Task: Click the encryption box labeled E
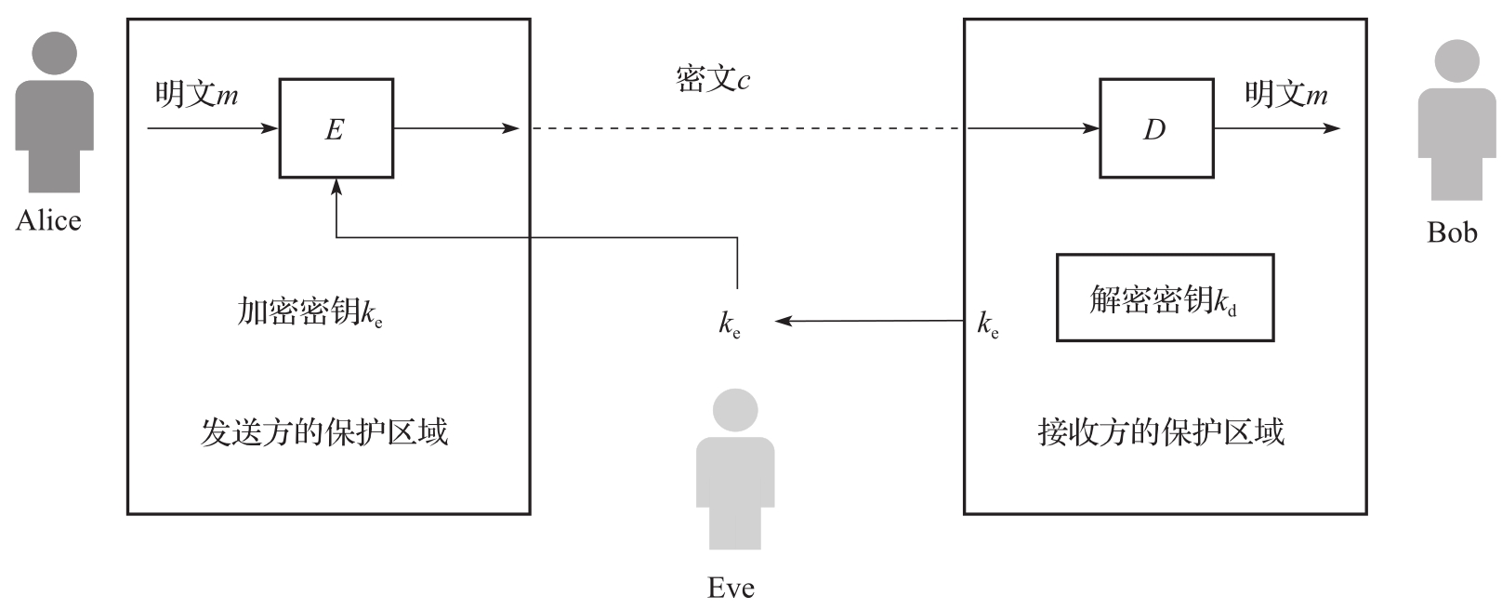click(x=336, y=128)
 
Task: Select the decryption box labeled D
click(x=1155, y=128)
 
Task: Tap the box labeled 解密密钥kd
click(x=1164, y=298)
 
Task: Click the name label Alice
click(x=48, y=220)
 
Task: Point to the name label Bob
click(x=1452, y=232)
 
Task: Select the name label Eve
click(x=731, y=588)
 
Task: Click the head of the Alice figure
click(x=54, y=55)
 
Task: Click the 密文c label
click(x=712, y=80)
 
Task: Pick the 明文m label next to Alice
click(x=196, y=94)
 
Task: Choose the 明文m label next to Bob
click(x=1285, y=94)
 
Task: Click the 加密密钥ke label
click(x=310, y=311)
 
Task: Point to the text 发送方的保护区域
click(x=324, y=431)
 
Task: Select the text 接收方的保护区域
click(x=1161, y=431)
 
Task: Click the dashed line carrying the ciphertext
click(x=744, y=128)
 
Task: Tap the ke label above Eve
click(x=730, y=324)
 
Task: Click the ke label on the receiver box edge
click(x=988, y=324)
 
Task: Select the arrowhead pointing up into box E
click(x=336, y=186)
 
